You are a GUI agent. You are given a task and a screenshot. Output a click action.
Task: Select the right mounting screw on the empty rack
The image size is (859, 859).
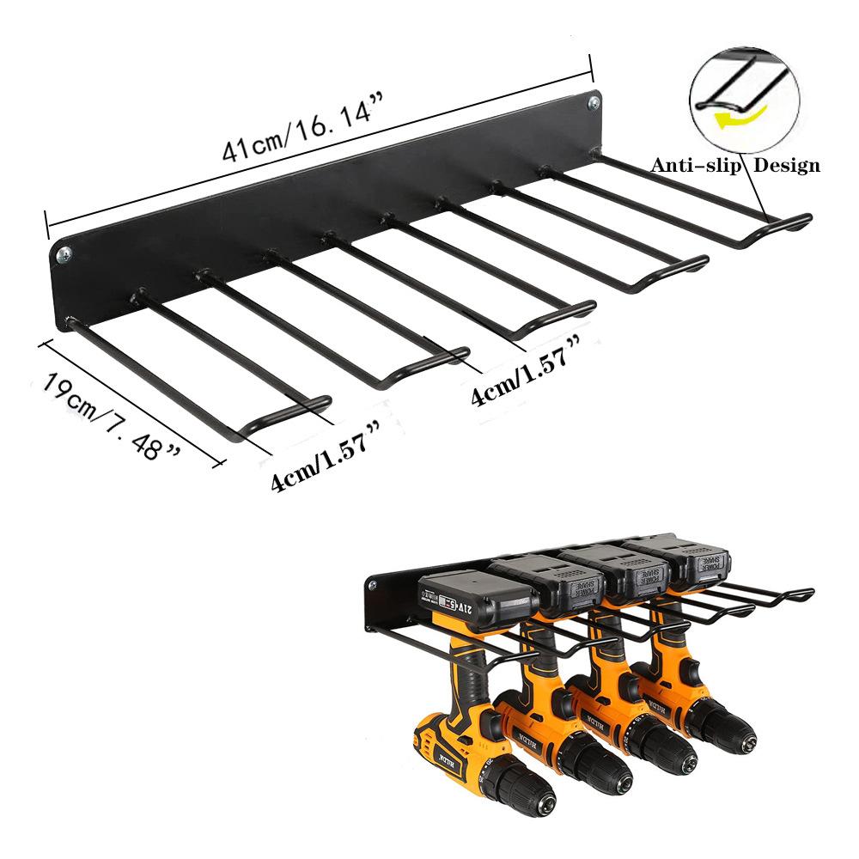tap(594, 103)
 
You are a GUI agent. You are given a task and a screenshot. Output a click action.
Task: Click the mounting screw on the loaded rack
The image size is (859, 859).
tap(375, 588)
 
